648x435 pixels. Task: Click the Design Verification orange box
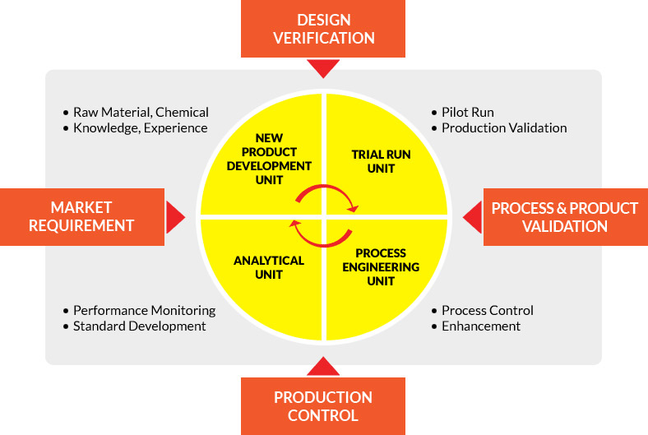(324, 29)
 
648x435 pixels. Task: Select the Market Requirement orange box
(81, 216)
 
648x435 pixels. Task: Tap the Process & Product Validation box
(565, 217)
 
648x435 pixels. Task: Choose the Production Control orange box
(323, 405)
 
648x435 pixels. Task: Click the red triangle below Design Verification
(324, 68)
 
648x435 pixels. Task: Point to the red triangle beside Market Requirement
(175, 217)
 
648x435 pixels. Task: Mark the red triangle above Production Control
(324, 367)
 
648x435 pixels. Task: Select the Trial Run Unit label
(381, 161)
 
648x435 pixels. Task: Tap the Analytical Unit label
(269, 267)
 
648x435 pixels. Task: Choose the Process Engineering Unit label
(381, 267)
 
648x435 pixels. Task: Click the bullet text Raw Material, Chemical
(141, 112)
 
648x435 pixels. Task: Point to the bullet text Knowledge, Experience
(141, 127)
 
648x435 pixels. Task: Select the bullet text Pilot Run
(467, 112)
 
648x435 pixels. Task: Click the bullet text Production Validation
(504, 127)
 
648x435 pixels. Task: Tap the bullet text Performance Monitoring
(144, 310)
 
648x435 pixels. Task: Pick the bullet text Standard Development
(139, 326)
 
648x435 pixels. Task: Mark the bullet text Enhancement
(481, 326)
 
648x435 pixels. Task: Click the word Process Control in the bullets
(488, 310)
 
